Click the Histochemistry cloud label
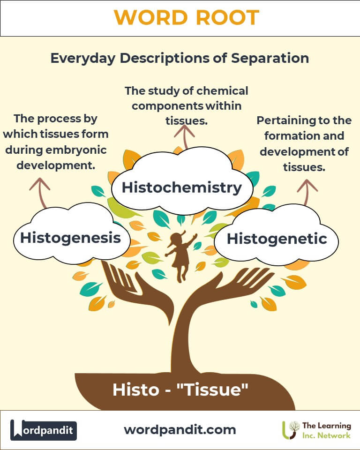coord(181,187)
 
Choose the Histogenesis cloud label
coord(70,237)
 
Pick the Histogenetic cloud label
coord(277,239)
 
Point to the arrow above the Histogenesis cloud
coord(40,192)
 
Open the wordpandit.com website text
coord(180,429)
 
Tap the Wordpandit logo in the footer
coord(44,430)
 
